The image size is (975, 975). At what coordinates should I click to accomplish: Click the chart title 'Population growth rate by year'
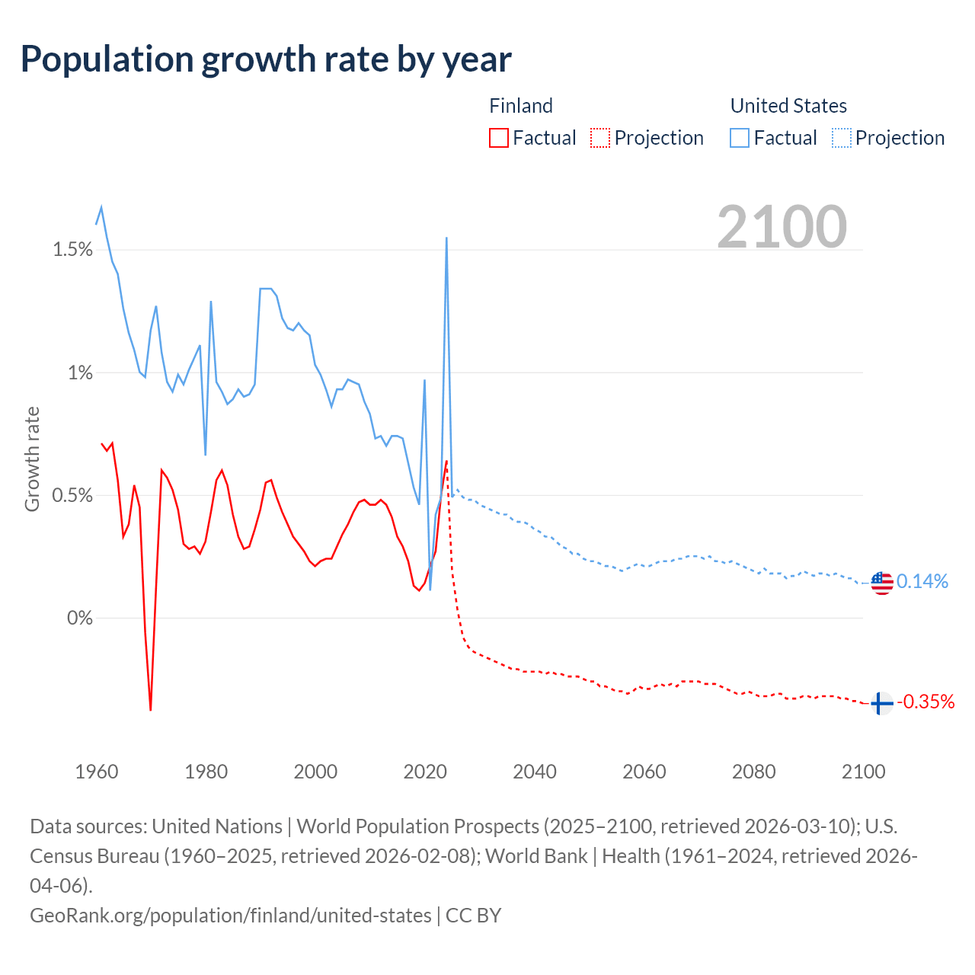tap(266, 59)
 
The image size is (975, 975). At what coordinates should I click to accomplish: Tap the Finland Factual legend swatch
tap(499, 138)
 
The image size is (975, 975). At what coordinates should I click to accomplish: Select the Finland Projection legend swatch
tap(600, 138)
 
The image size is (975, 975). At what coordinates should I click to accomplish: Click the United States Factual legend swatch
tap(740, 138)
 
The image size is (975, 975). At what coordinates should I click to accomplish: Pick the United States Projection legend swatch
tap(842, 138)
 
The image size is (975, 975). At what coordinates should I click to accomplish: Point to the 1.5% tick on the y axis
tap(72, 250)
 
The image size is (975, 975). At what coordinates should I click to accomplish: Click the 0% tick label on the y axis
tap(79, 618)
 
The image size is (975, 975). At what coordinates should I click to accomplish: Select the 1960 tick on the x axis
tap(97, 772)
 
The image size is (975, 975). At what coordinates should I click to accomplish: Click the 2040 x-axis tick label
tap(535, 772)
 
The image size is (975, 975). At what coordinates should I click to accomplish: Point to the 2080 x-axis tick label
tap(754, 772)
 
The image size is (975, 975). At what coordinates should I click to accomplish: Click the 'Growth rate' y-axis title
tap(32, 459)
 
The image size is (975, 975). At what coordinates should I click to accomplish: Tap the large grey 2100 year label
tap(782, 226)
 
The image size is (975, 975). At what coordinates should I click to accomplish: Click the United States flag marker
tap(881, 583)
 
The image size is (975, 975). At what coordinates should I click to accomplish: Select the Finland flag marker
tap(881, 702)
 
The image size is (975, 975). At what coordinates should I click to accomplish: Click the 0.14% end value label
tap(922, 582)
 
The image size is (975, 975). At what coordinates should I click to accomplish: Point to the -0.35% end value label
tap(925, 702)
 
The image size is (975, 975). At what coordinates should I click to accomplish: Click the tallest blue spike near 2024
tap(446, 239)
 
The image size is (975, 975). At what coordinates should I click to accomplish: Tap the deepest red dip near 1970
tap(151, 709)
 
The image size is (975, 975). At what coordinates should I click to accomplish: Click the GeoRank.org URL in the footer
tap(230, 915)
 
